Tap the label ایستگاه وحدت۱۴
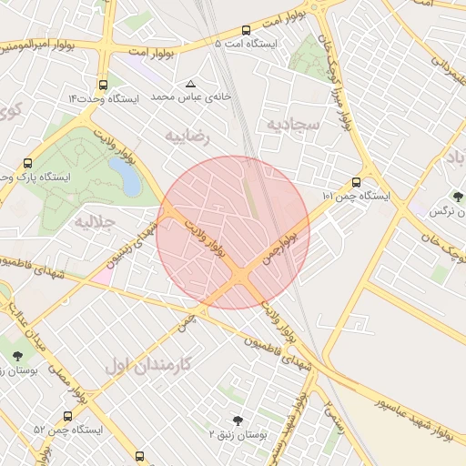coord(104,98)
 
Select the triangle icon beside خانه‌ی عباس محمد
coord(190,83)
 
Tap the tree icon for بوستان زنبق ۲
coord(238,420)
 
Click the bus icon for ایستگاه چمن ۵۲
coord(69,416)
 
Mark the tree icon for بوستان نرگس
coord(457,197)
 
